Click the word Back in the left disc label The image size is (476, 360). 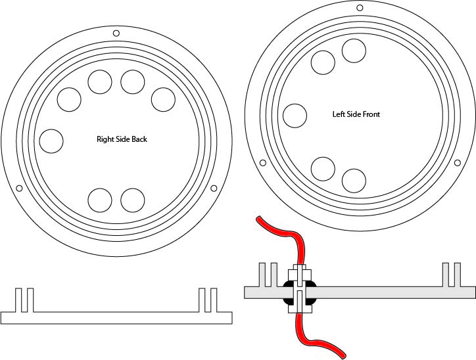(x=135, y=139)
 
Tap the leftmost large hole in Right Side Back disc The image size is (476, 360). (x=51, y=141)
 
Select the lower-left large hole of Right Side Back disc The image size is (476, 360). (x=100, y=200)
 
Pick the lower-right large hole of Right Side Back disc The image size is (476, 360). (x=132, y=200)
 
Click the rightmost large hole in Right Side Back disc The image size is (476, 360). (x=162, y=99)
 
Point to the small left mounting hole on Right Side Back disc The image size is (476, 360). (x=19, y=189)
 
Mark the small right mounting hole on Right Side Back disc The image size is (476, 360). (x=214, y=189)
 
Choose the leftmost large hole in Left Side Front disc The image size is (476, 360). (x=295, y=115)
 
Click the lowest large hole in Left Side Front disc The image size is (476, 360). (x=354, y=180)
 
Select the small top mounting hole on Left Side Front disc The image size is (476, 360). (x=359, y=8)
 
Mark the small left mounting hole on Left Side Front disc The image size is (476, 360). (x=263, y=162)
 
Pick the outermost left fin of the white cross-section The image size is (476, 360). (x=18, y=300)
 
